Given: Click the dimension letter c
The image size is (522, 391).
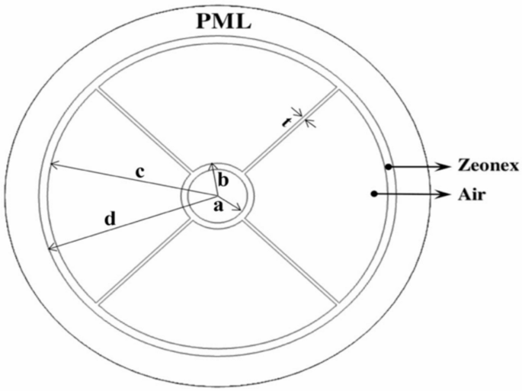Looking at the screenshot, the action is click(x=139, y=174).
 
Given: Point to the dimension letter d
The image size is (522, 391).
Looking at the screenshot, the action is click(x=110, y=220).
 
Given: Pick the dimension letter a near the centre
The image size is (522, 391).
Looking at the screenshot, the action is click(x=217, y=207).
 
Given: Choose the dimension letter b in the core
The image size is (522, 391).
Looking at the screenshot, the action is click(x=223, y=181).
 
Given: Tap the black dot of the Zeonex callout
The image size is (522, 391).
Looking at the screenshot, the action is click(x=388, y=165).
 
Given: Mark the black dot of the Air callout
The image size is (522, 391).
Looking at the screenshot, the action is click(x=373, y=194).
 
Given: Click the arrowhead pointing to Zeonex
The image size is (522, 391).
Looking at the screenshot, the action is click(x=445, y=165).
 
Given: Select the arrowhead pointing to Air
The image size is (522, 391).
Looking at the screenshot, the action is click(x=445, y=194).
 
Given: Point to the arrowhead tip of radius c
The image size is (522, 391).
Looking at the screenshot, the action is click(x=50, y=164).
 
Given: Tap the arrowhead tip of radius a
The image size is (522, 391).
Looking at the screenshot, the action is click(x=241, y=209).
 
